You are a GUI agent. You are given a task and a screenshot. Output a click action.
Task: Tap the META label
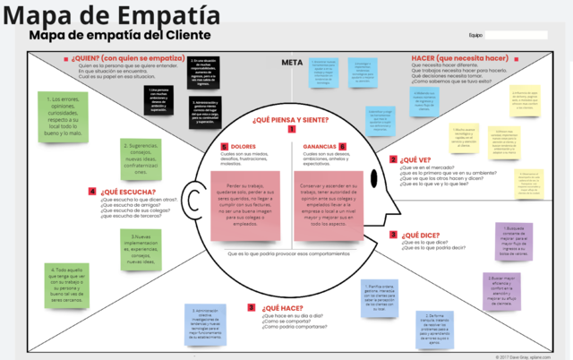click(x=290, y=63)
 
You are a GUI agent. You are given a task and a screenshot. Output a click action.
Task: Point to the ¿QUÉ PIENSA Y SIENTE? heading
click(x=289, y=119)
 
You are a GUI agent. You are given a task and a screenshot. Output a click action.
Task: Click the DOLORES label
click(x=244, y=145)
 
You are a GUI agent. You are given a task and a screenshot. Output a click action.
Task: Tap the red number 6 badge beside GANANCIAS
click(x=343, y=146)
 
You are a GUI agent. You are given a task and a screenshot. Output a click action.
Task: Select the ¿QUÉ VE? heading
click(x=416, y=159)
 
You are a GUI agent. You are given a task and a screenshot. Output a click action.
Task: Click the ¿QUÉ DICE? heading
click(x=419, y=235)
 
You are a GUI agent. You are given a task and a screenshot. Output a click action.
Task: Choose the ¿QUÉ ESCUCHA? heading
click(x=128, y=191)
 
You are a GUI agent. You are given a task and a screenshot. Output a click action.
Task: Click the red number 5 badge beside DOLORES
click(x=225, y=146)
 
